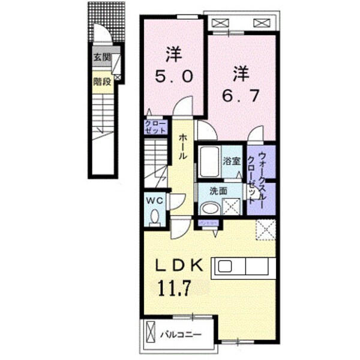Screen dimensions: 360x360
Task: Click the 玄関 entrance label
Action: [x=101, y=58]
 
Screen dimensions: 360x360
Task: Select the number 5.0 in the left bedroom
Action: [x=173, y=77]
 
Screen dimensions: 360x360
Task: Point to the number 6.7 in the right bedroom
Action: [x=242, y=95]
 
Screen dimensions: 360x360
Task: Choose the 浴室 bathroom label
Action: [x=232, y=161]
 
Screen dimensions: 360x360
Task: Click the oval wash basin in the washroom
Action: [x=209, y=208]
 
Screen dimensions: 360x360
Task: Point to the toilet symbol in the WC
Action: [x=155, y=217]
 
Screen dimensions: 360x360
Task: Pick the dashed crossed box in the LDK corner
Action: [x=264, y=229]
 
